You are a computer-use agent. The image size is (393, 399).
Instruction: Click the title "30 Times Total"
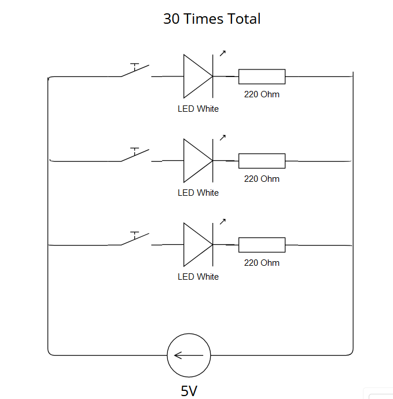[x=212, y=19]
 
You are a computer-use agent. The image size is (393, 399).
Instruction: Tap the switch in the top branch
[x=135, y=71]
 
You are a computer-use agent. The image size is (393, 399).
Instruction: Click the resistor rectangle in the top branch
[x=262, y=76]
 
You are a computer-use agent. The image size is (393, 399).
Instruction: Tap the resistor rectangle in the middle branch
[x=262, y=160]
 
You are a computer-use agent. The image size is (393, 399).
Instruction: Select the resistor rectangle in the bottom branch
[x=262, y=244]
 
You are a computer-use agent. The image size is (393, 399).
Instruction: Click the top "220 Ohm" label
[x=262, y=94]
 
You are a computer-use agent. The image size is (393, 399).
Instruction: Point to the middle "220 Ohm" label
[x=262, y=179]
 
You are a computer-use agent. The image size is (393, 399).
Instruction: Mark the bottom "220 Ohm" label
[x=262, y=263]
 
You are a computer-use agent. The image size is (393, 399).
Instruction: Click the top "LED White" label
[x=198, y=109]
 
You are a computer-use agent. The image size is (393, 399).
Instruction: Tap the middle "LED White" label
[x=198, y=193]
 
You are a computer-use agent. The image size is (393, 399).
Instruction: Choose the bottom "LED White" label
[x=198, y=277]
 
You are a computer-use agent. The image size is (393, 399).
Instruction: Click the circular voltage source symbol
[x=189, y=355]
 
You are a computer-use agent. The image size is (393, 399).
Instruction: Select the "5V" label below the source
[x=189, y=391]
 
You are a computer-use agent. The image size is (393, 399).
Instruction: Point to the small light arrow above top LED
[x=222, y=53]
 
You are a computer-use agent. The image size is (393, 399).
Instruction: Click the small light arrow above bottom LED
[x=222, y=221]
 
